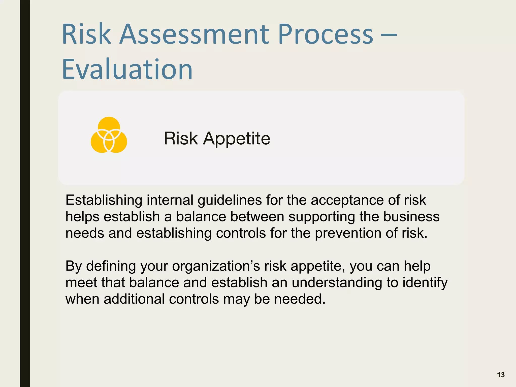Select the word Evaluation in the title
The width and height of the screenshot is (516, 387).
(127, 69)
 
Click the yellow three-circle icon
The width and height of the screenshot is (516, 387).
(109, 135)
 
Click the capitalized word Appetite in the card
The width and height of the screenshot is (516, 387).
(237, 139)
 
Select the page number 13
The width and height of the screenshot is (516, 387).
(501, 375)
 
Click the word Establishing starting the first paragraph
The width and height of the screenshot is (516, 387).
(104, 200)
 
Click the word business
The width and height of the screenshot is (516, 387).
(411, 217)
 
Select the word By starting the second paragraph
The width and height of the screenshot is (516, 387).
(74, 266)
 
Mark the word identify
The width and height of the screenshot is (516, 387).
(425, 283)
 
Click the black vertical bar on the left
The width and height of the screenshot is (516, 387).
(25, 193)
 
